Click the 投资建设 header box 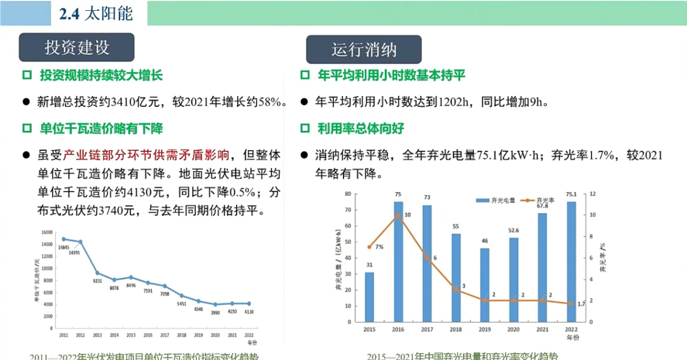(x=77, y=47)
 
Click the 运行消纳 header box (x=363, y=50)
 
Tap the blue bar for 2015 (x=370, y=296)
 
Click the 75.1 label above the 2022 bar (x=571, y=195)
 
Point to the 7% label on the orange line (x=379, y=246)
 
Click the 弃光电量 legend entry (x=501, y=200)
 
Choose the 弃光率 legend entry (x=544, y=200)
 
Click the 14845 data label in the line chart (x=63, y=247)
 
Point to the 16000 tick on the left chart (x=48, y=232)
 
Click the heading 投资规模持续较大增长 (x=101, y=76)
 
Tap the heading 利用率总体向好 (x=361, y=128)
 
